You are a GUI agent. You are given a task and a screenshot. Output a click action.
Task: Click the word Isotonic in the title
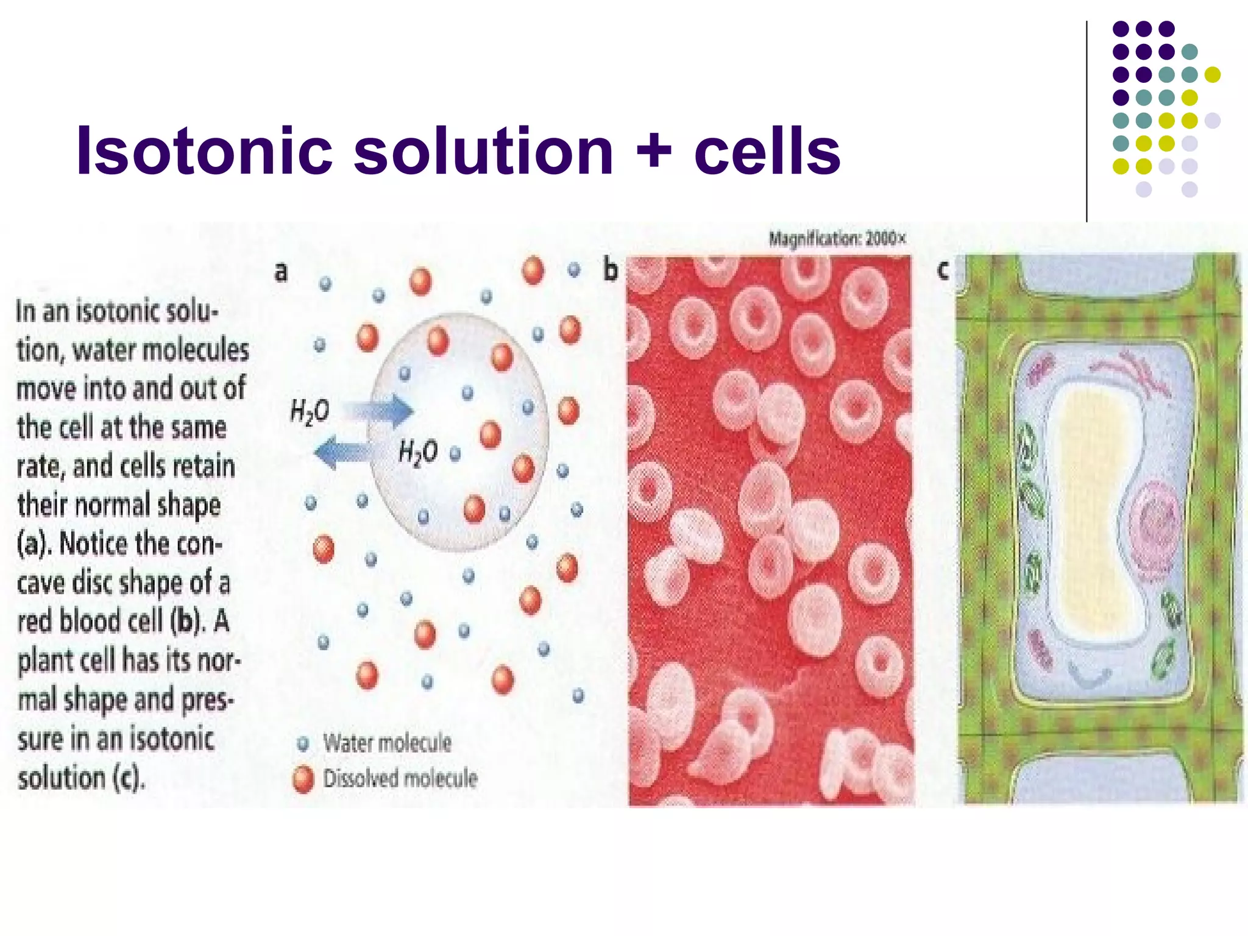[x=204, y=151]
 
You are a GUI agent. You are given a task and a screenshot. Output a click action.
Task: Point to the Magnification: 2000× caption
[x=837, y=238]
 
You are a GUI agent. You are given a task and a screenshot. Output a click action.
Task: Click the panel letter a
[x=280, y=271]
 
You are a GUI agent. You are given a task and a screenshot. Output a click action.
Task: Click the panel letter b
[x=610, y=270]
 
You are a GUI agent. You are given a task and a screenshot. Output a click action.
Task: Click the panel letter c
[x=943, y=269]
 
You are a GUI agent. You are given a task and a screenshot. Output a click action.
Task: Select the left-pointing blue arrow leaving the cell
[x=342, y=452]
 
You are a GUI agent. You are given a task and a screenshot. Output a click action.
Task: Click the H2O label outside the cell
[x=310, y=411]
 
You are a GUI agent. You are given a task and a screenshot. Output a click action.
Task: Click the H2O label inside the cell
[x=418, y=452]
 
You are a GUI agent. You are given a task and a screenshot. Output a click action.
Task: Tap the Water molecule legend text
[x=388, y=743]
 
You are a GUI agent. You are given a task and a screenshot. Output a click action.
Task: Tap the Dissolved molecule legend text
[x=400, y=778]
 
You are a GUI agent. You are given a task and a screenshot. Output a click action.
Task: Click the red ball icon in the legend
[x=303, y=779]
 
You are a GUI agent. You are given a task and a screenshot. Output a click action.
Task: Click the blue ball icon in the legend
[x=303, y=743]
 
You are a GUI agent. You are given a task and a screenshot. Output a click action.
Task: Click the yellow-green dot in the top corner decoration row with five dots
[x=1212, y=74]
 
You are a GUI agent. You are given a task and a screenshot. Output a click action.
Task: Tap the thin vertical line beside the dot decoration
[x=1087, y=122]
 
